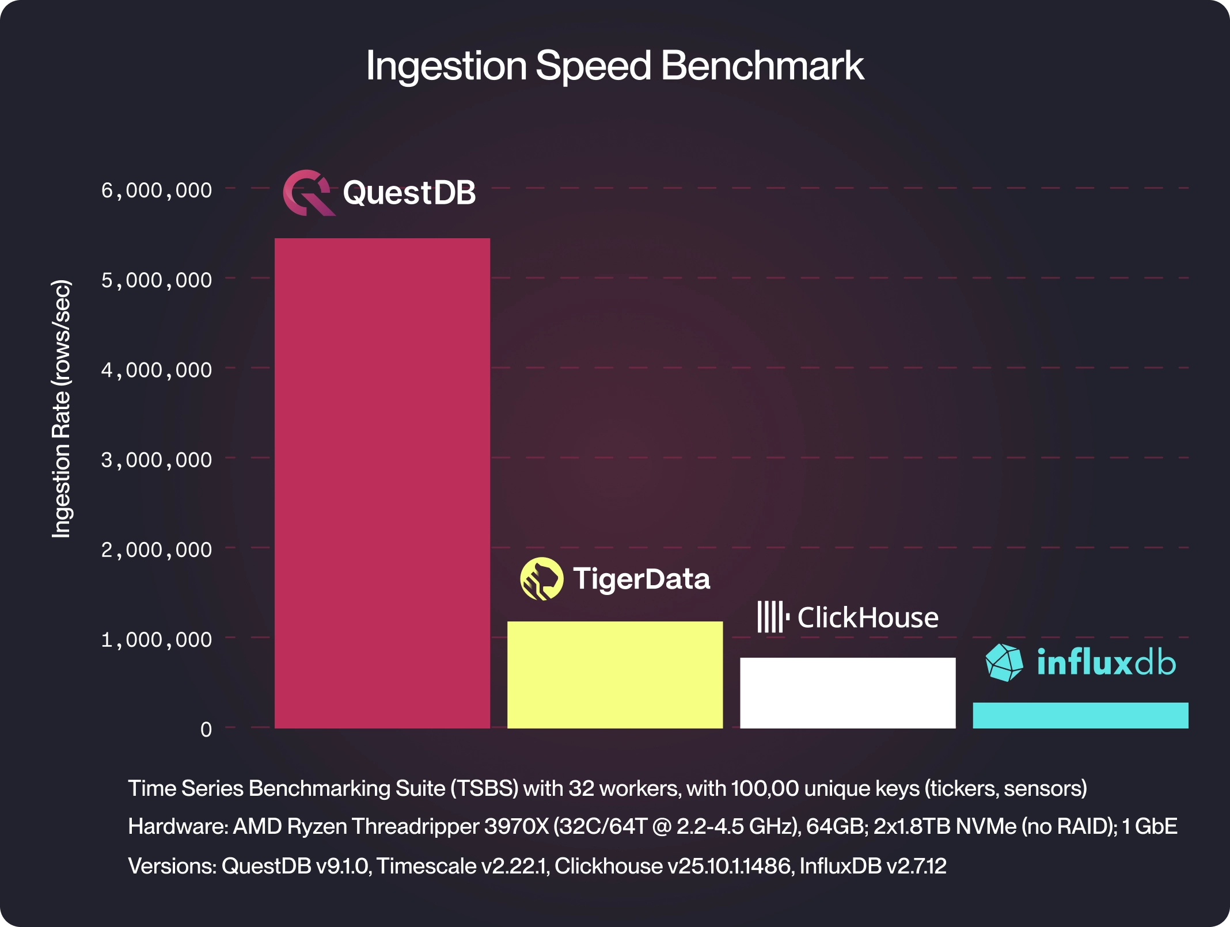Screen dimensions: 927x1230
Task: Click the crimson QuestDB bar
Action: coord(382,483)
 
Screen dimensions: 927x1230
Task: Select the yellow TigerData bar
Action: coord(614,674)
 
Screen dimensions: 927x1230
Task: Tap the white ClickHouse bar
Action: coord(847,693)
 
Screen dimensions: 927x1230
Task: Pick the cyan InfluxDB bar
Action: coord(1080,715)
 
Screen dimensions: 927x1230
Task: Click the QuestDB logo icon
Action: coord(309,193)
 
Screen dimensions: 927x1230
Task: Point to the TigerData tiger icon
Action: coord(541,578)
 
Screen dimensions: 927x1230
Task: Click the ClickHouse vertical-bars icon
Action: coord(772,617)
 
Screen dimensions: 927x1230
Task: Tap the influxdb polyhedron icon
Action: coord(1004,662)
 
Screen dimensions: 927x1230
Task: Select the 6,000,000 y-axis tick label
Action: coord(157,190)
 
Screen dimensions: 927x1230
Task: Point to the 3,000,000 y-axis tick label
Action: coord(157,460)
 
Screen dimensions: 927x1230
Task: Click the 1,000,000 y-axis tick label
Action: coord(157,639)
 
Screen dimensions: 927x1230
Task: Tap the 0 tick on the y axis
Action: coord(206,730)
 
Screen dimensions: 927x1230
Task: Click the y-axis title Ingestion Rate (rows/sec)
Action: coord(61,409)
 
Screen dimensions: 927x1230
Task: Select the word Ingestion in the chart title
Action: coord(446,66)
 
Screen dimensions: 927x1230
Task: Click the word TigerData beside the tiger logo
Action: coord(641,579)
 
